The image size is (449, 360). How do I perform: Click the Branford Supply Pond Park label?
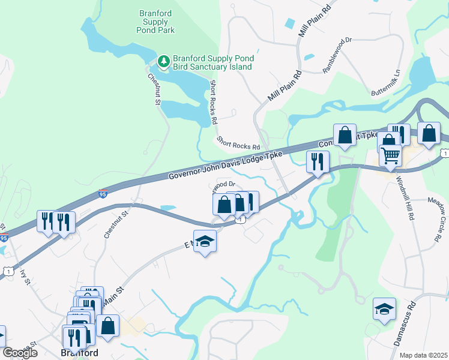pos(153,22)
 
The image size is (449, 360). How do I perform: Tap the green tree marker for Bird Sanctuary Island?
pos(164,61)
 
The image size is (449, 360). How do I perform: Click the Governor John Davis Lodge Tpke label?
pos(225,164)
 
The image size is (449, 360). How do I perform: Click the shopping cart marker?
pos(391,156)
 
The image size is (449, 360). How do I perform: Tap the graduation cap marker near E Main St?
pos(205,241)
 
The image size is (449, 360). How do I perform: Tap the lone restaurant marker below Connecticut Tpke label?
pos(318,161)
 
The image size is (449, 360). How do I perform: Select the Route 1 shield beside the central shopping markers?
pos(241,220)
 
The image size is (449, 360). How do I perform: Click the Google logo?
pos(20,353)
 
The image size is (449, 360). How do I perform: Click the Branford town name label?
pos(80,353)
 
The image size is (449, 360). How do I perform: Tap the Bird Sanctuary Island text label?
pos(213,62)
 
